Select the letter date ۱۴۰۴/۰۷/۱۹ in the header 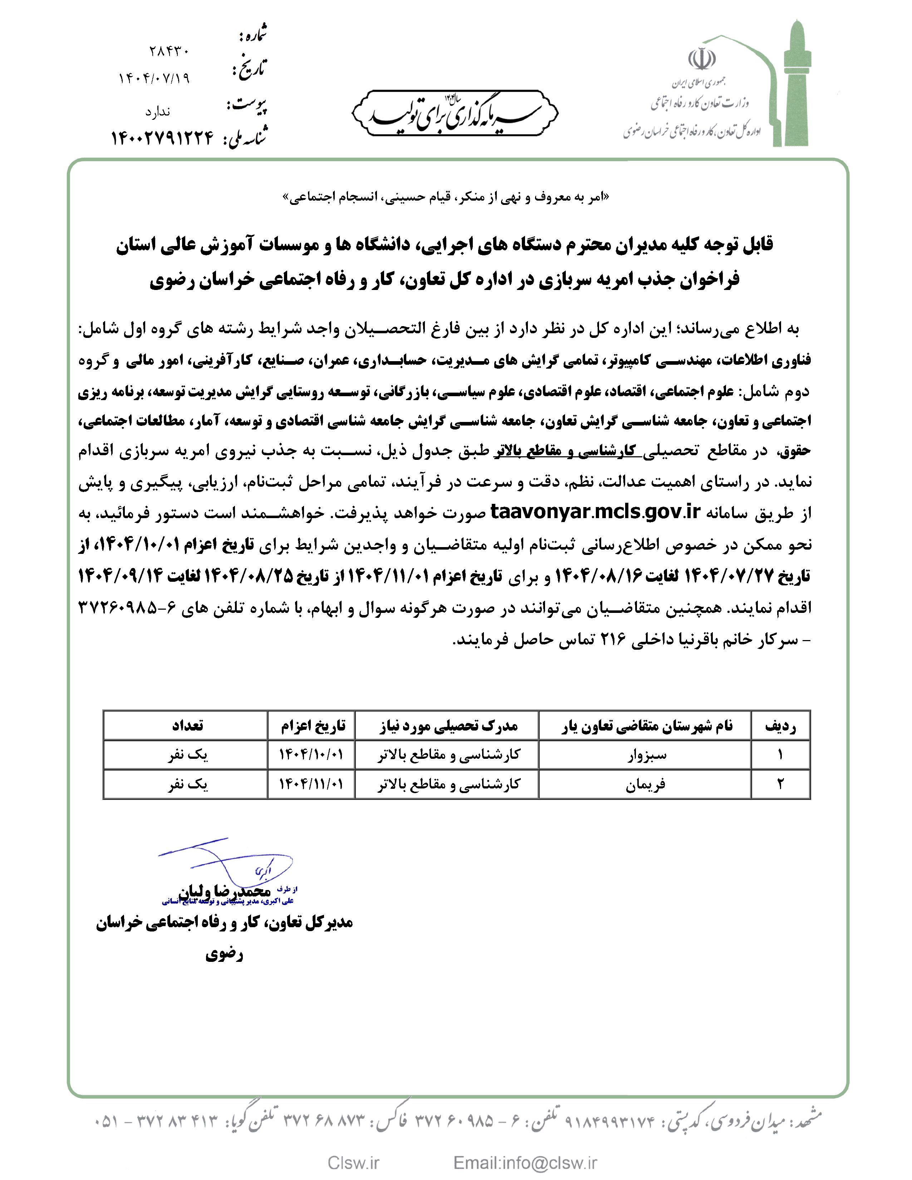pos(154,78)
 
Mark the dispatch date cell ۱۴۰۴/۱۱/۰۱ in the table pos(311,784)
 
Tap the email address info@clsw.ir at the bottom pos(525,1162)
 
